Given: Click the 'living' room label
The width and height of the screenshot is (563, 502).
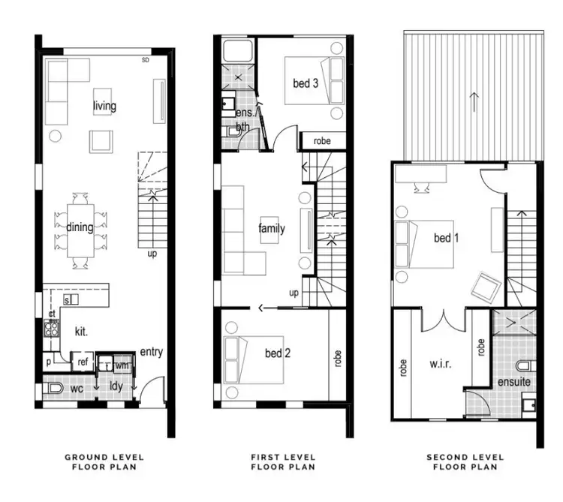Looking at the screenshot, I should tap(104, 106).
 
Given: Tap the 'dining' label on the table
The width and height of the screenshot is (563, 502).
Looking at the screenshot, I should tap(80, 227).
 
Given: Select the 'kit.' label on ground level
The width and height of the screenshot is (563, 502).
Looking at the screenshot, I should tap(82, 331).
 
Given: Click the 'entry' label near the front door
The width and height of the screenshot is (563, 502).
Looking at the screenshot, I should tap(151, 352).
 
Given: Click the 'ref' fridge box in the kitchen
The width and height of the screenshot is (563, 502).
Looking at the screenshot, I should tap(82, 362).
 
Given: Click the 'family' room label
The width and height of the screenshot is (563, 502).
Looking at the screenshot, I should tap(271, 228).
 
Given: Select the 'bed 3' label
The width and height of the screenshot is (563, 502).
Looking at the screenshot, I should tap(306, 83).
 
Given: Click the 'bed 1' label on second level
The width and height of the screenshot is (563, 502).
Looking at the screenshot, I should tap(446, 238).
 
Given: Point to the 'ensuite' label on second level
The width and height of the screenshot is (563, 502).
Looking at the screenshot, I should tap(513, 382).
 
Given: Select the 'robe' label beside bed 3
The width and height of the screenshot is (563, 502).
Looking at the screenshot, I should tap(323, 140).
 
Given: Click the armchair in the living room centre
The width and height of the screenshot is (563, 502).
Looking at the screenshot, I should tap(101, 141).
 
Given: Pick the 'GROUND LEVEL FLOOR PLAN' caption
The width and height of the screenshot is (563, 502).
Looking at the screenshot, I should tap(104, 461).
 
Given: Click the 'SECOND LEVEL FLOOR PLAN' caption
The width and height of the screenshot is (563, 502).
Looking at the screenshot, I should tap(466, 461).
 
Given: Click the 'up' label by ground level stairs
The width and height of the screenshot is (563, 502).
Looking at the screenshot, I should tap(152, 254).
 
